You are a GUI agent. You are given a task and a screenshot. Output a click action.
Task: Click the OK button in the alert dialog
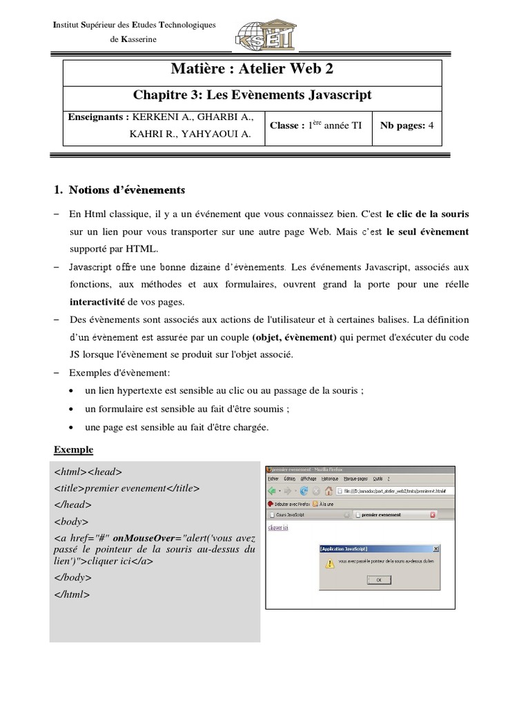378,580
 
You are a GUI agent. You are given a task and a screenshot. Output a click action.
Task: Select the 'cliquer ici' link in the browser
277,527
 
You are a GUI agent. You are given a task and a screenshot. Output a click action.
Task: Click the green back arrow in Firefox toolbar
273,490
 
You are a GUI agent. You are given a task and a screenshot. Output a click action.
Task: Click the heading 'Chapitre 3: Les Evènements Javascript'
252,94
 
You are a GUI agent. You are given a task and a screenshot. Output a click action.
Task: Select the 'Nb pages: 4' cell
406,125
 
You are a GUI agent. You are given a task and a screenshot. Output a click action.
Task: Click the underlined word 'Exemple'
73,450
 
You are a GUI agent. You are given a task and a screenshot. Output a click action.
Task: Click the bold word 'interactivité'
99,301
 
